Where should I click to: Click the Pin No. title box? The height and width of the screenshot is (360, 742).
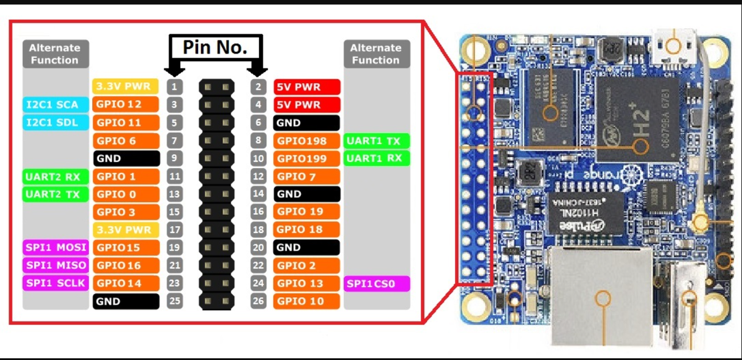215,47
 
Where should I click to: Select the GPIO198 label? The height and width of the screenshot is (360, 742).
306,141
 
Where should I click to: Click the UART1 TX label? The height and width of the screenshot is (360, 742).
377,141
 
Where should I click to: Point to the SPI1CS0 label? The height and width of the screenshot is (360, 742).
377,284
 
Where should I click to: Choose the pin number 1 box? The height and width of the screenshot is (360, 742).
176,86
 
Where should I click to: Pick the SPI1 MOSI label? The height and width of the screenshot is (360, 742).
55,247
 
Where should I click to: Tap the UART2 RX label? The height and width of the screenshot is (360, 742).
54,177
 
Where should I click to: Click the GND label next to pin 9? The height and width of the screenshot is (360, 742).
125,159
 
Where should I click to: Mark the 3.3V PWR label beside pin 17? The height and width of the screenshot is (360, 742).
125,230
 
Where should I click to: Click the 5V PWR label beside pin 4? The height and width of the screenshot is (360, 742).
306,105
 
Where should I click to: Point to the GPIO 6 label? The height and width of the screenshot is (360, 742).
125,141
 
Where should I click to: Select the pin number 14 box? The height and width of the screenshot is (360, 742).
258,194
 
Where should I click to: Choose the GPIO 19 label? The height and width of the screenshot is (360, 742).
306,212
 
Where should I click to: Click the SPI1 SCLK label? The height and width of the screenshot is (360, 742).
55,283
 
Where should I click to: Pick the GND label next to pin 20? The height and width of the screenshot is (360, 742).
306,247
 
